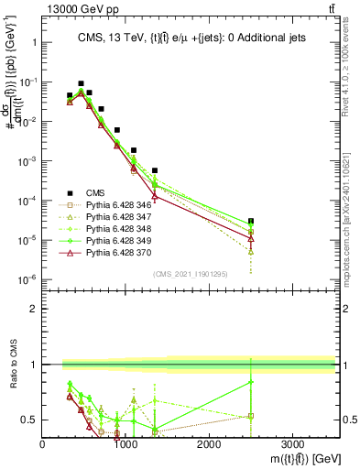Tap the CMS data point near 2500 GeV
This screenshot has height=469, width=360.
coord(251,221)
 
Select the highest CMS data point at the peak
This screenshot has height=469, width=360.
coord(81,83)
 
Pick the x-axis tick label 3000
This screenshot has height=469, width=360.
coord(292,443)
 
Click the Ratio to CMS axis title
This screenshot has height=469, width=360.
coord(14,365)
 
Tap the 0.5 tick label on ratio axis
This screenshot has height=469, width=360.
coord(30,420)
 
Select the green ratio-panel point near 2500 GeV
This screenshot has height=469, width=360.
coord(251,383)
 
